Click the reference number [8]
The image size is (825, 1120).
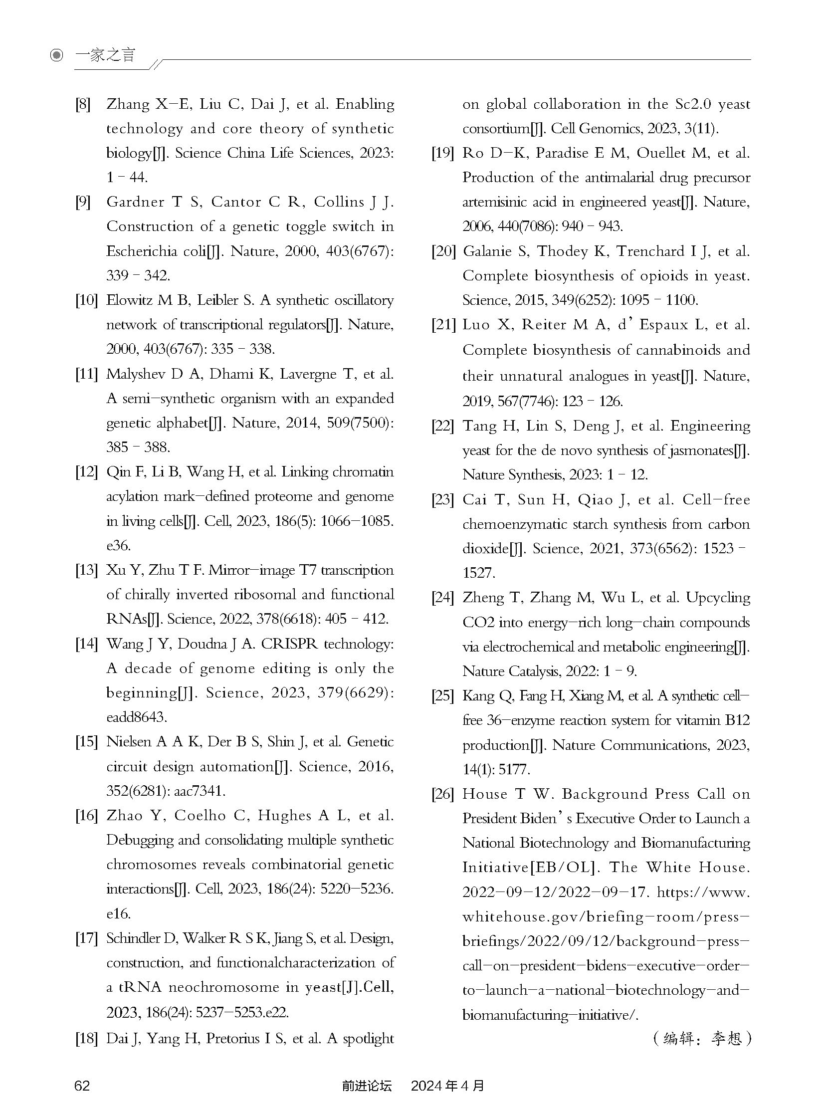83,104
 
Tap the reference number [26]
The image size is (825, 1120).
443,794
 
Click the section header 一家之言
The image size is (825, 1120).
105,55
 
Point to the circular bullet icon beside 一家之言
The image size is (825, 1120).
57,55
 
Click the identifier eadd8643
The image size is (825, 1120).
136,717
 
